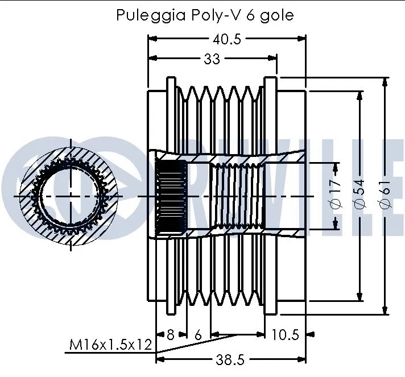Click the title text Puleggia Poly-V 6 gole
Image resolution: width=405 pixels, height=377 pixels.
point(205,15)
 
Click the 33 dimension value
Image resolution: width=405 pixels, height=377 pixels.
point(212,59)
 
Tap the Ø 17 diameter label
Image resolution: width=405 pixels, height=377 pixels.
point(335,195)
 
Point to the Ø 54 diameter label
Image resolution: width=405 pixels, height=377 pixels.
point(359,195)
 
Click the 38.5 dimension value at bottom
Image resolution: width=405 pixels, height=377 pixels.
point(230,360)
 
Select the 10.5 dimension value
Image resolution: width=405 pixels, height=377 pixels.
point(284,335)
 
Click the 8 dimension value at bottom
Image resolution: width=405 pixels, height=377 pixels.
point(170,335)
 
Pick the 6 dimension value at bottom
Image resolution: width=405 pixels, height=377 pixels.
point(198,335)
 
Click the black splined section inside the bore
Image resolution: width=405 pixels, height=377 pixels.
point(171,196)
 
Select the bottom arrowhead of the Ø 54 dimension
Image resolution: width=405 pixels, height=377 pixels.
point(359,296)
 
